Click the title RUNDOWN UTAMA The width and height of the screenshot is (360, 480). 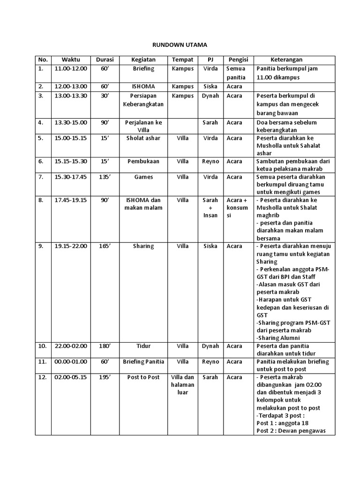coord(180,45)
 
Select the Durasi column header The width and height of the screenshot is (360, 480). coord(105,60)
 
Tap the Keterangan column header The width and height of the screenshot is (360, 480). coord(286,60)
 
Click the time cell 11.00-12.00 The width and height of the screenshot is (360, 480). coord(71,68)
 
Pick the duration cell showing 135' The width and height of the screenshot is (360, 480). coord(105,177)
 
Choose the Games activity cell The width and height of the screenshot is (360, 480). coord(143,177)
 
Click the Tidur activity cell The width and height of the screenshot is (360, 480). coord(143,346)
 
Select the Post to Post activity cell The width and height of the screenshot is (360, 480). coord(143,377)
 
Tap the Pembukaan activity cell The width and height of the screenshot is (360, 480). coord(143,161)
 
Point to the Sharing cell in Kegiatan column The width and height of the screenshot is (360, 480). coord(143,246)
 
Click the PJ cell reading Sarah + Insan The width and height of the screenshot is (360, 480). coord(210,208)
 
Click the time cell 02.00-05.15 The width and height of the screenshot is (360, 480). coord(71,377)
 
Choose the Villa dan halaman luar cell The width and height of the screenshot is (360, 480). coord(182,385)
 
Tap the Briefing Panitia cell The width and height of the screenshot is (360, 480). coord(143,362)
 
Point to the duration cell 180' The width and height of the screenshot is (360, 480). coord(105,346)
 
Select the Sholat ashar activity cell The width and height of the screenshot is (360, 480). coord(143,138)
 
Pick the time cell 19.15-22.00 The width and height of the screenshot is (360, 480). coord(71,246)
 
